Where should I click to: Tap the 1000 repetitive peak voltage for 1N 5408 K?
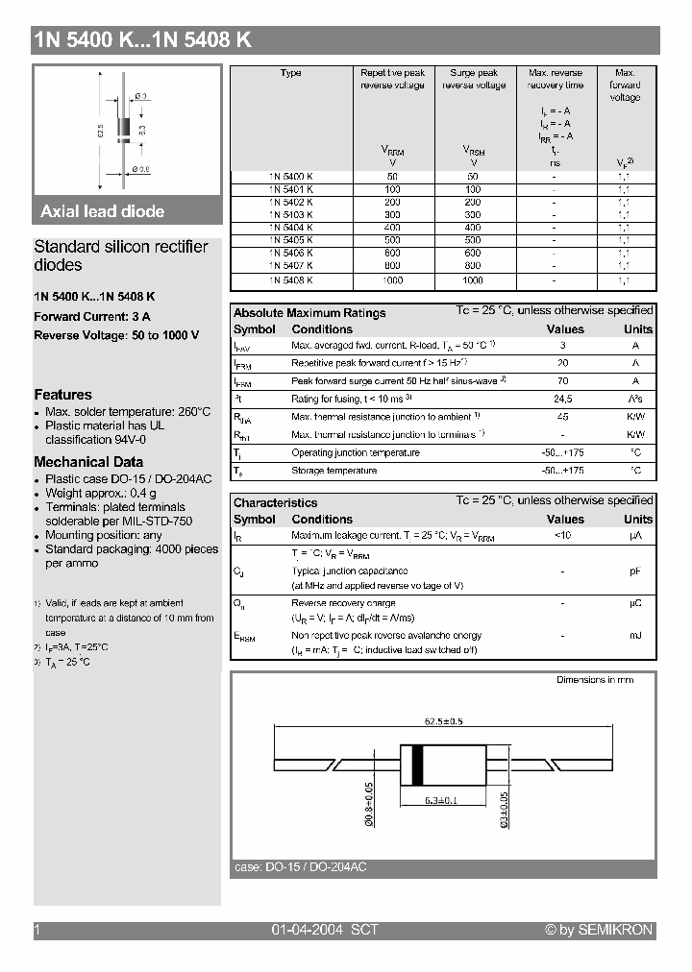391,279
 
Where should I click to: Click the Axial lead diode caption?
103,211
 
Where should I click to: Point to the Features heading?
63,395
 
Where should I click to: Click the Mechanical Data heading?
88,462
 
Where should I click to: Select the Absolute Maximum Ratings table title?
309,313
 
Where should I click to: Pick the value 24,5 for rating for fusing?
563,399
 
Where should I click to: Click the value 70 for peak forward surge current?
563,381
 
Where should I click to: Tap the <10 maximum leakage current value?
563,535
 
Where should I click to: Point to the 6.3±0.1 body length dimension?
441,799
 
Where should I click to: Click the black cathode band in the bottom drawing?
417,764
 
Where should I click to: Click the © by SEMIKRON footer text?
599,930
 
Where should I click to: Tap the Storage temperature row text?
334,471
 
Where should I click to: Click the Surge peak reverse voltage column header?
473,79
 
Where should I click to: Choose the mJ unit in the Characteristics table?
636,636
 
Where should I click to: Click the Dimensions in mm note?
595,680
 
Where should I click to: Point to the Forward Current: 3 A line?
92,316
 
